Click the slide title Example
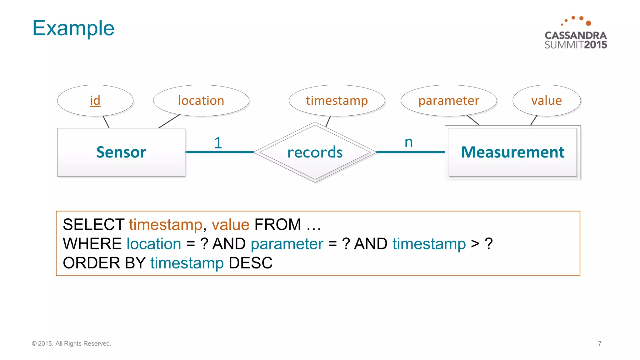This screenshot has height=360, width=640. pos(73,28)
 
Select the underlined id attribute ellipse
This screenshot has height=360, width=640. pos(95,101)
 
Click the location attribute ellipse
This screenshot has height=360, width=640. pos(201,101)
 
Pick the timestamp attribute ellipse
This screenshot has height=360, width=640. pos(337,101)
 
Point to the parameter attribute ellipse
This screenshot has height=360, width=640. pos(449,101)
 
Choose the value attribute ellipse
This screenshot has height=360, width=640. pos(547,101)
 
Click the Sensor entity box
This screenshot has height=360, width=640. pos(121,152)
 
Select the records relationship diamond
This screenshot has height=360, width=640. pos(315,152)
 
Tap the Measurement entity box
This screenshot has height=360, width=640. pos(512,152)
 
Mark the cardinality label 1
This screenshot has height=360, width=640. pos(218,143)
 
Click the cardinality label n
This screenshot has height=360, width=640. pos(408,142)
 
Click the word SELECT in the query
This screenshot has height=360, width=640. pos(93,224)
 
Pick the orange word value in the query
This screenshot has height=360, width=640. pos(230,224)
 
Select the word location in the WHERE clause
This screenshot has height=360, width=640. pos(154,244)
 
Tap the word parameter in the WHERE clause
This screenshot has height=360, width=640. pos(287,244)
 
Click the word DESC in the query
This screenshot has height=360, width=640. pos(251,263)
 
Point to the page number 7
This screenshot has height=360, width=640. pos(600,343)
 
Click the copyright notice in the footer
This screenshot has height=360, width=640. pos(72,343)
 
